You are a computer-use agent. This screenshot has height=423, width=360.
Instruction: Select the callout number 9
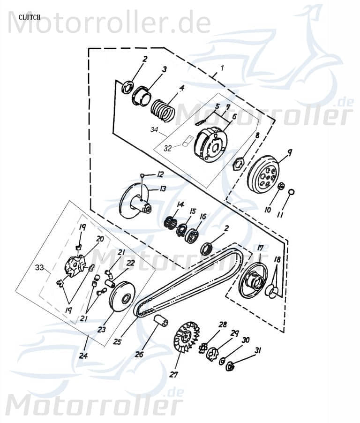[290, 152]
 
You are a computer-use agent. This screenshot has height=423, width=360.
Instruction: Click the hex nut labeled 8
[238, 164]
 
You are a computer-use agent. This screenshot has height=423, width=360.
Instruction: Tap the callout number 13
[163, 189]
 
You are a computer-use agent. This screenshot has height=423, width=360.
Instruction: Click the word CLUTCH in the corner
[30, 17]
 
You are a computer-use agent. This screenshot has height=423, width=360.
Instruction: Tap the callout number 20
[99, 238]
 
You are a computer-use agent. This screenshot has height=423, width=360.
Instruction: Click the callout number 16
[202, 216]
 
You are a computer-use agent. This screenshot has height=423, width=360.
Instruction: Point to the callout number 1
[222, 68]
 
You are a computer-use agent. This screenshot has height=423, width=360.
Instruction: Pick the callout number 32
[167, 148]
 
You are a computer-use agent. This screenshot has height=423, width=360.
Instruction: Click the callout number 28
[222, 325]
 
